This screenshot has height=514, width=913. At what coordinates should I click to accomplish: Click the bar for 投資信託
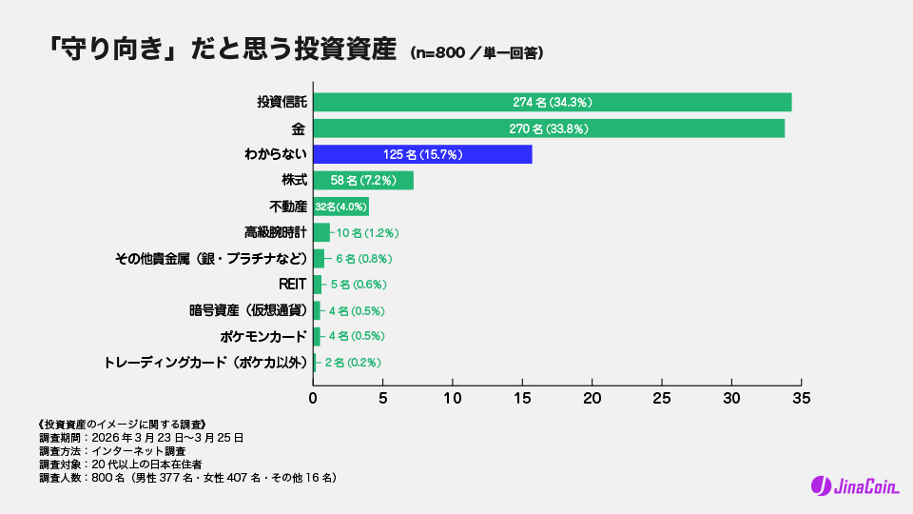[552, 102]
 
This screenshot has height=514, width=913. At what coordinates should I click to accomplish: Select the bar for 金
[549, 128]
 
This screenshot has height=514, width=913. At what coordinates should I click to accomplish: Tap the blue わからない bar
[422, 154]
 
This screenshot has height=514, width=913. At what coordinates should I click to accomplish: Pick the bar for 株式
[363, 180]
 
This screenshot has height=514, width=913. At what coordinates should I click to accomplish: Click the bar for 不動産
[340, 207]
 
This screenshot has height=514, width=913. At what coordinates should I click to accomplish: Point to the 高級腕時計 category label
[275, 232]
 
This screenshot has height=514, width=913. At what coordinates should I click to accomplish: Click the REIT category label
[292, 285]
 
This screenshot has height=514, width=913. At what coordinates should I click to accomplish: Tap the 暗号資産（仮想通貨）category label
[247, 310]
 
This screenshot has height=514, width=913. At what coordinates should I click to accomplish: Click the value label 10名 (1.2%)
[366, 232]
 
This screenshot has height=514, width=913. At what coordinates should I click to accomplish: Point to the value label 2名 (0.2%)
[353, 363]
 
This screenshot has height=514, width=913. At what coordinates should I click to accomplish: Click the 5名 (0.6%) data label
[359, 285]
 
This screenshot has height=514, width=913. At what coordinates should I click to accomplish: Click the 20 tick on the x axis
[592, 397]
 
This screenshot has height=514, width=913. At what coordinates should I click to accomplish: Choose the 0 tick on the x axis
[314, 397]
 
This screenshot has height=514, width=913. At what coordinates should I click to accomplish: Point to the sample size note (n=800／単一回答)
[476, 52]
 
